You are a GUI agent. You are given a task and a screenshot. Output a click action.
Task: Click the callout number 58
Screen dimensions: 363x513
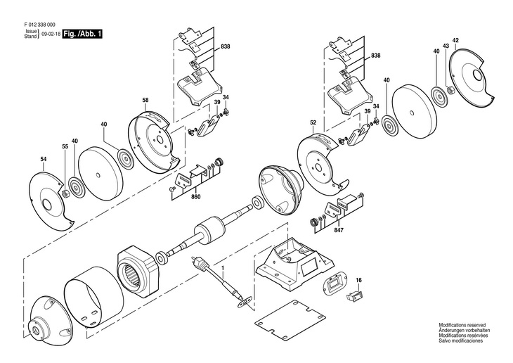(145, 101)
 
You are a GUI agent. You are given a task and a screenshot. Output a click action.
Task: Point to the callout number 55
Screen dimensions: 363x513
(65, 146)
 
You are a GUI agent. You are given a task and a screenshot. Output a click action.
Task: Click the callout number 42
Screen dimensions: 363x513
(455, 39)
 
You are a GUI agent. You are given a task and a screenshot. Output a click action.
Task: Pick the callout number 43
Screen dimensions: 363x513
(445, 46)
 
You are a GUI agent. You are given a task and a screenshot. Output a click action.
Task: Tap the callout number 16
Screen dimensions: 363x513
(358, 281)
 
